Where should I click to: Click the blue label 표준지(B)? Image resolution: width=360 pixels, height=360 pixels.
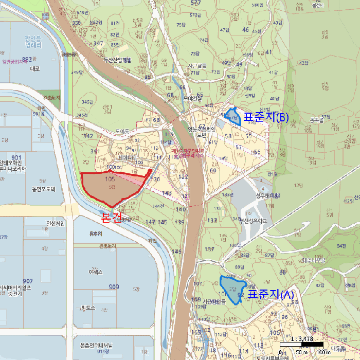tap(267, 117)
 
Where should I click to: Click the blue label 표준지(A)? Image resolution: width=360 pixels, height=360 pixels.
tap(271, 295)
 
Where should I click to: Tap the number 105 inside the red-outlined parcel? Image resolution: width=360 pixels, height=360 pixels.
tap(109, 179)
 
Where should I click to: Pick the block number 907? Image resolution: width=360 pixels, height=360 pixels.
tap(27, 281)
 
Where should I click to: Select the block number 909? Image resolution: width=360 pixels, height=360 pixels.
tap(114, 286)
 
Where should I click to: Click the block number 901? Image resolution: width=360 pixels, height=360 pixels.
tap(16, 157)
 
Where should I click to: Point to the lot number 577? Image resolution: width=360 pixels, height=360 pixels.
tap(195, 3)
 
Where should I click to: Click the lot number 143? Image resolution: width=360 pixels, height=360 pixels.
tap(166, 193)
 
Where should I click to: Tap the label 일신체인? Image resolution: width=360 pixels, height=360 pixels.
tap(56, 223)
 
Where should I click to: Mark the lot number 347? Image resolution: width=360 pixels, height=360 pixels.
tap(98, 43)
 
